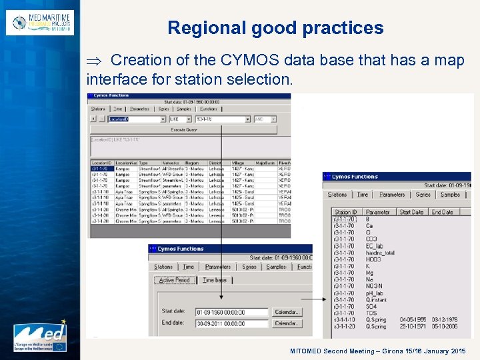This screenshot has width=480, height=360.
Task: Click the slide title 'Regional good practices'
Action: tap(275, 28)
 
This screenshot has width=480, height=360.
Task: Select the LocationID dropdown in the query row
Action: tap(136, 119)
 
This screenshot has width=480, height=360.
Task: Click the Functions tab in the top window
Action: tap(208, 109)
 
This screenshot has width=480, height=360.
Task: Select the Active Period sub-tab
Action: tap(175, 280)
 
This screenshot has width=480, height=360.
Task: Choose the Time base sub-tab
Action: tap(215, 280)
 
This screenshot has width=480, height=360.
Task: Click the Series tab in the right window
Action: tap(423, 195)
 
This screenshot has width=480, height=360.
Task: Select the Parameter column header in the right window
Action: tap(379, 212)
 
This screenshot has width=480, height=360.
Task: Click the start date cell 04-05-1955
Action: tap(413, 319)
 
